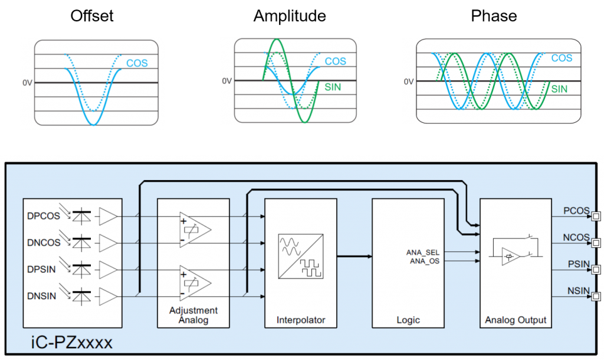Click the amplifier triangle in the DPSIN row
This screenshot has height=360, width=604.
[x=109, y=270]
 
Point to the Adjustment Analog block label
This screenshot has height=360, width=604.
[x=193, y=315]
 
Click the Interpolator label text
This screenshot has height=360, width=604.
[x=301, y=320]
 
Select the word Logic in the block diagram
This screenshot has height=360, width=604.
[x=408, y=320]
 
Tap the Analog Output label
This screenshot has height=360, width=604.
[x=516, y=320]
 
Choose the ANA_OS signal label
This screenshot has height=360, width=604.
[x=424, y=260]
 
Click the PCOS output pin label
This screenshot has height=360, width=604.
[x=575, y=211]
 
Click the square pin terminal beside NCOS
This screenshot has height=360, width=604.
[x=596, y=243]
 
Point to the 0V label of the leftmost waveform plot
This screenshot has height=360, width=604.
[x=27, y=83]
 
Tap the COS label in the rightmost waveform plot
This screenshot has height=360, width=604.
[x=562, y=58]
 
